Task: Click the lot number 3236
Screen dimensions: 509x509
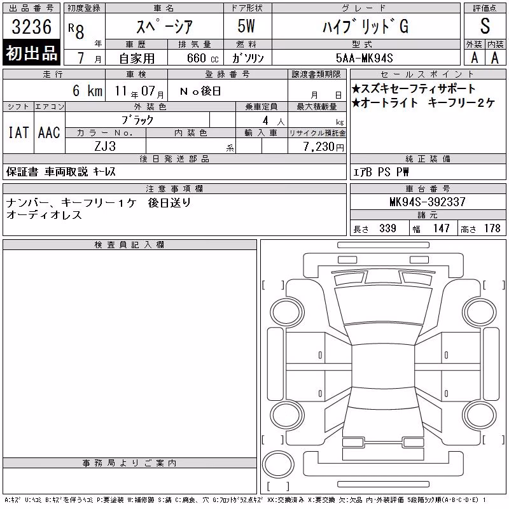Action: [31, 26]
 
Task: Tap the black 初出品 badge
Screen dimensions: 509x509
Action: [31, 53]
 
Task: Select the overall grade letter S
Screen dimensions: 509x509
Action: [485, 26]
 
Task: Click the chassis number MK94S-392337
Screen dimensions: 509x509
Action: [428, 202]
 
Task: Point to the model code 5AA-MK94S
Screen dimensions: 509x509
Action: [365, 58]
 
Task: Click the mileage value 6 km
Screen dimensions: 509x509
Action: [87, 90]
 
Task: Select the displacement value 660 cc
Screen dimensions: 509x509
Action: [202, 58]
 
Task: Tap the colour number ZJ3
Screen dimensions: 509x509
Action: [105, 146]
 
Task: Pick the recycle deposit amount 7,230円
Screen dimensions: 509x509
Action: [323, 147]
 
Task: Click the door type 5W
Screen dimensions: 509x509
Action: [246, 26]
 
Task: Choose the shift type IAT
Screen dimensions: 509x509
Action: [18, 132]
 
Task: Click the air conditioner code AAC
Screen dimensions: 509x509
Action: [49, 132]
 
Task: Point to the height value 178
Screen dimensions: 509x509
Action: [492, 228]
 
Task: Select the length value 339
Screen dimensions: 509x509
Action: [387, 228]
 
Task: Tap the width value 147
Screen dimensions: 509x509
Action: [441, 228]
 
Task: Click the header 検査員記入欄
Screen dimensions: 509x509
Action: [129, 245]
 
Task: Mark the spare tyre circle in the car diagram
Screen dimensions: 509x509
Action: [278, 464]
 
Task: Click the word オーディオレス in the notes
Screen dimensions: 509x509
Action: [44, 215]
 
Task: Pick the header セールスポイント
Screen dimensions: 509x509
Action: [428, 74]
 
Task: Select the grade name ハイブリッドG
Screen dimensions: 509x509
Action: [365, 26]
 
